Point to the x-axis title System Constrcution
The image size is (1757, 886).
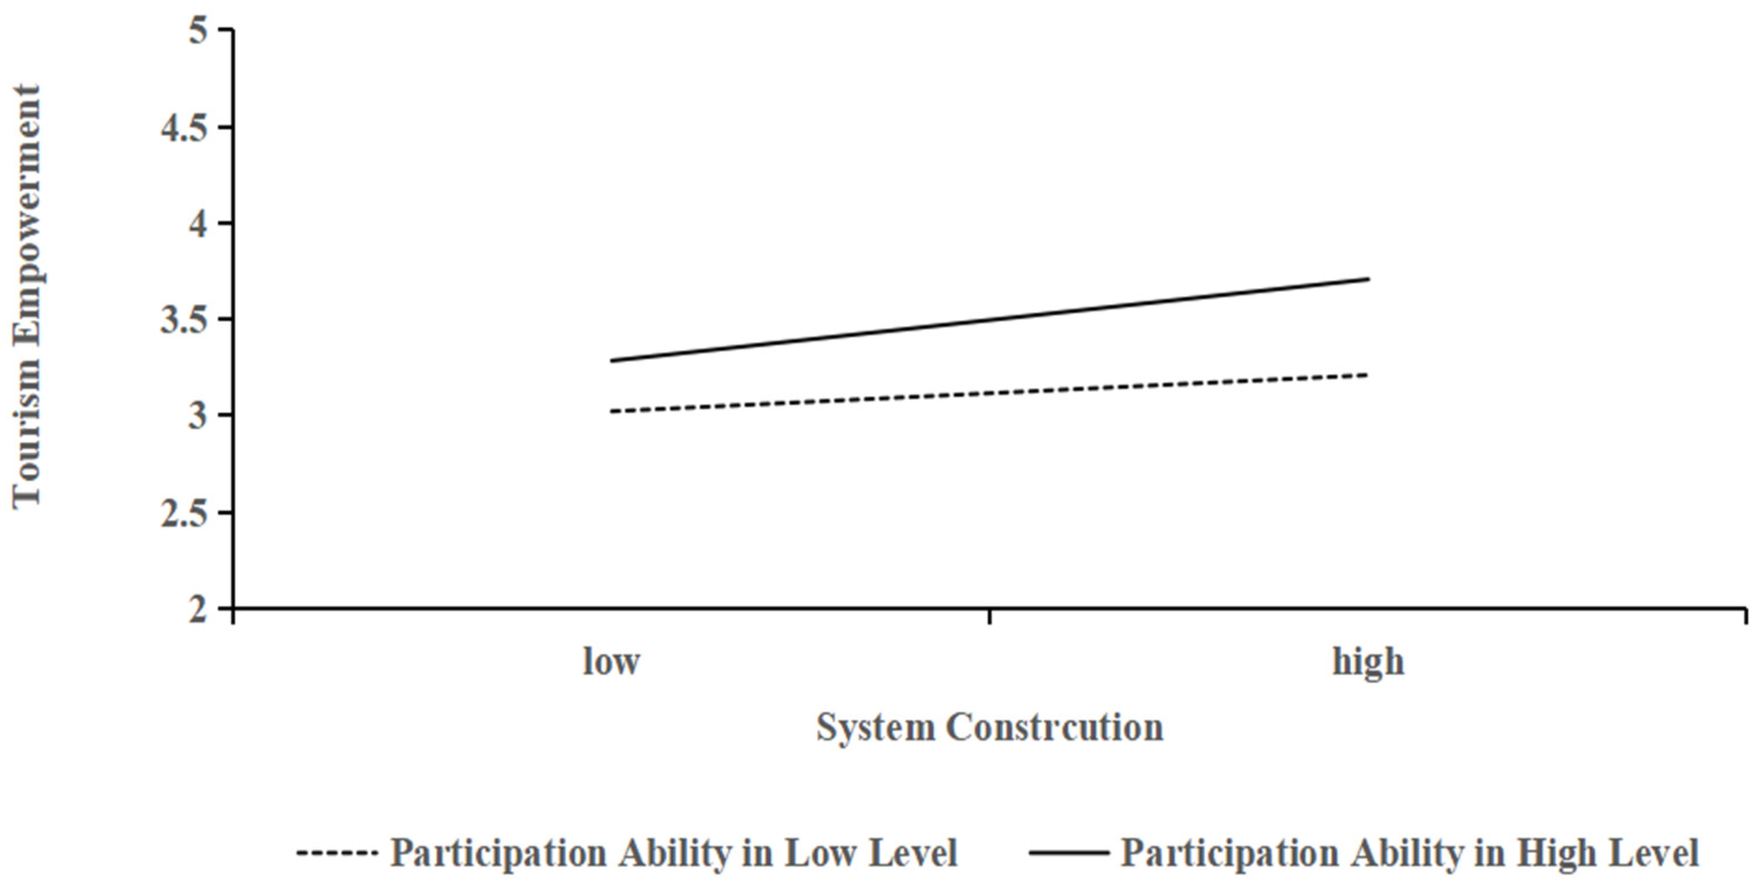click(x=989, y=728)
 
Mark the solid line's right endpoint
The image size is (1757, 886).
click(x=1368, y=278)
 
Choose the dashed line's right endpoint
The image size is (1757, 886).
click(x=1368, y=374)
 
